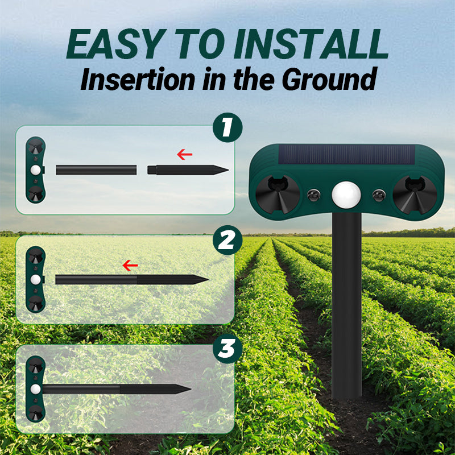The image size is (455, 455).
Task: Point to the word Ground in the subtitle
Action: coord(329,79)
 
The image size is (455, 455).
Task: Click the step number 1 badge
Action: coord(227,127)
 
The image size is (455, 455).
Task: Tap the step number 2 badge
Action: coord(227,240)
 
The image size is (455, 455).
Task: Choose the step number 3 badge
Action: coord(227,349)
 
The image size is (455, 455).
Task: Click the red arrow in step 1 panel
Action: coord(184,155)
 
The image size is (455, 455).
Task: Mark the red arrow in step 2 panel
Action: coord(130,265)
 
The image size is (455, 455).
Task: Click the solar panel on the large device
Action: coord(346,154)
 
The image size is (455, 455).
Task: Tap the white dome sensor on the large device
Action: coord(346,195)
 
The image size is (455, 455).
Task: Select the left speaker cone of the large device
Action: coord(278,195)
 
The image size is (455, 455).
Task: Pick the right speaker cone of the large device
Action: coord(415,195)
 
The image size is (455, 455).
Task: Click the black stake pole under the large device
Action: coord(346,305)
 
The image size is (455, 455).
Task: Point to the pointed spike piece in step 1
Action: coord(188,169)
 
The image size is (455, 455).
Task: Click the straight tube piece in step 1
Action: coord(96,170)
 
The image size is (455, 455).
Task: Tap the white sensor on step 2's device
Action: coord(35,280)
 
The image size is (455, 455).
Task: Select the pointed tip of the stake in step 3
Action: coord(191,389)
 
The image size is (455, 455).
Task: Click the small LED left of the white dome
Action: coord(314,195)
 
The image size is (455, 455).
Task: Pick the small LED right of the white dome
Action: coord(379,195)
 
